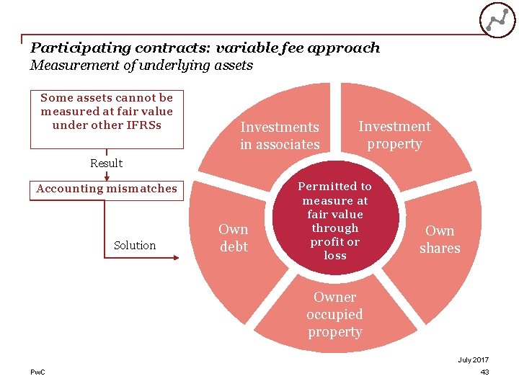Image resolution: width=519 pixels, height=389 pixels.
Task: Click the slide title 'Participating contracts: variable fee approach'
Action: coord(205,48)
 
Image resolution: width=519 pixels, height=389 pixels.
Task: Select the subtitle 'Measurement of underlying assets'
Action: coord(141,66)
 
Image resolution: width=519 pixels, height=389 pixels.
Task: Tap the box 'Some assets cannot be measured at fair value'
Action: coord(107,112)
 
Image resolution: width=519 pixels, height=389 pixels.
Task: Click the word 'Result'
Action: coord(106,163)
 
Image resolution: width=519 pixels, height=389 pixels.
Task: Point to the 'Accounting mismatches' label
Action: coord(107,189)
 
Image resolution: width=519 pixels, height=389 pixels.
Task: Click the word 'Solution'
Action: coord(135,246)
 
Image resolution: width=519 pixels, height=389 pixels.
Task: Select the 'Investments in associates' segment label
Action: coord(280,135)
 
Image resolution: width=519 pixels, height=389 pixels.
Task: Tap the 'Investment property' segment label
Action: coord(394,135)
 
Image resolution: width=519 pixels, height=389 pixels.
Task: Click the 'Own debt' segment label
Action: coord(234,238)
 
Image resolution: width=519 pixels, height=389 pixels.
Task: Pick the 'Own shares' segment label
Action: coord(440,239)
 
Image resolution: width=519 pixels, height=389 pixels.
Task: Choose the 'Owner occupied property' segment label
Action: coord(335,314)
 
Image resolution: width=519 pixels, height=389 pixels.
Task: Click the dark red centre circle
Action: coord(335,220)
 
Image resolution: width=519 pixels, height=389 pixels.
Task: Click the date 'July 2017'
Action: coord(473,359)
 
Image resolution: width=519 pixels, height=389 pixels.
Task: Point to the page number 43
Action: coord(484,372)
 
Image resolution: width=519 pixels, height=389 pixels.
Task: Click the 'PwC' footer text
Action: coord(37,372)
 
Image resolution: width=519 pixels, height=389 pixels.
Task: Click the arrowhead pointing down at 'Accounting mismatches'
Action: coord(107,176)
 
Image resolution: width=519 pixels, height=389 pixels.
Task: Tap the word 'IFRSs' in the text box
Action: coord(143,125)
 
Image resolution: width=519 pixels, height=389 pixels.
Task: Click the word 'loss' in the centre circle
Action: coord(335,256)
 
